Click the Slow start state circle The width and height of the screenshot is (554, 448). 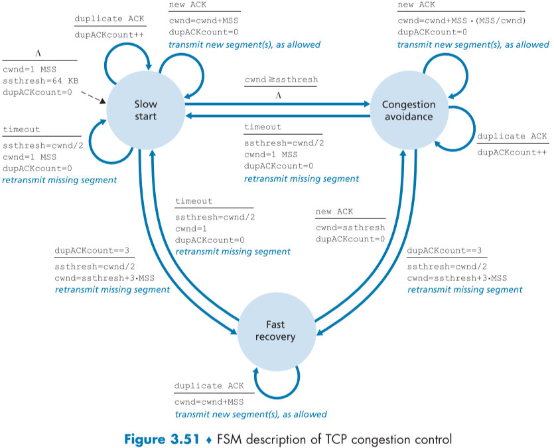(x=146, y=110)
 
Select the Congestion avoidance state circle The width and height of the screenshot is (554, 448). (x=409, y=110)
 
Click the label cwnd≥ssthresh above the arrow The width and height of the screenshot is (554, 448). (x=281, y=80)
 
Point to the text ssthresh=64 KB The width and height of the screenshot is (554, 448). (x=40, y=80)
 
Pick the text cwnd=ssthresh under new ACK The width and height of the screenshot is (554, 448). (x=350, y=227)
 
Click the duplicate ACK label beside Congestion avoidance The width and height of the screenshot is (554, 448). (x=512, y=137)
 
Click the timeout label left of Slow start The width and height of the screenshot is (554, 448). (x=21, y=129)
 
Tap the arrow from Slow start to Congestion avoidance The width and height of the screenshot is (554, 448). (x=279, y=104)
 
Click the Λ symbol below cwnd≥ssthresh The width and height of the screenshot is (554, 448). (x=278, y=95)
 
